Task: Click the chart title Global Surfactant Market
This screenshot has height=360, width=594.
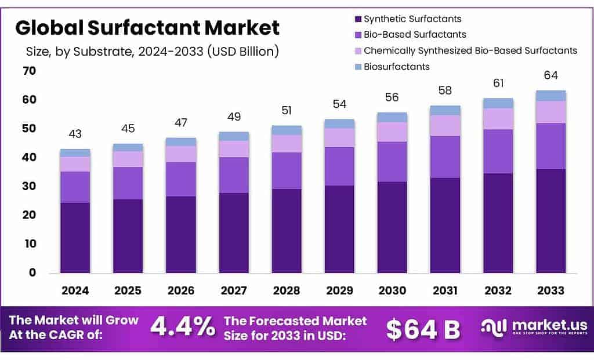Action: (147, 27)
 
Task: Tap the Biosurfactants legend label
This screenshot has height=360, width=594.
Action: (397, 67)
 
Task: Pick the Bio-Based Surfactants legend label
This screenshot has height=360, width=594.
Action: (415, 35)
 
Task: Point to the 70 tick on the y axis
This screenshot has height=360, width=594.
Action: (28, 71)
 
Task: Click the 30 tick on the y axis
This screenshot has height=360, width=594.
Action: (28, 187)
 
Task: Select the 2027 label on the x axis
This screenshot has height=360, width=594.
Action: (234, 290)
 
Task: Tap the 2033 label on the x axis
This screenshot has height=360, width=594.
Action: (550, 290)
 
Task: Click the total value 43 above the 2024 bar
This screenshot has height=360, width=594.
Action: (75, 134)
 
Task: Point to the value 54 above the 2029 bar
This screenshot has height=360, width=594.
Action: (339, 104)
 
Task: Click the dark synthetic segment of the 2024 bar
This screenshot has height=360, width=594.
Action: (75, 238)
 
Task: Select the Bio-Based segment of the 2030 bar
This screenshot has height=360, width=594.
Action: (392, 162)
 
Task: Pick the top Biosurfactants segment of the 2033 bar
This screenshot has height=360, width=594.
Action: (550, 96)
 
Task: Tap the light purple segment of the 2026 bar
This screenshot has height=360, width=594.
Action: (181, 154)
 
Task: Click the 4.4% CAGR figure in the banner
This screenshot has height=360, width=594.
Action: (182, 328)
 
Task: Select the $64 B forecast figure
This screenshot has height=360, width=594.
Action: (423, 329)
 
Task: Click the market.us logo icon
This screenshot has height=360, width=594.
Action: (494, 328)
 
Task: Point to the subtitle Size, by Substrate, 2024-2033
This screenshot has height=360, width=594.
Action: (153, 52)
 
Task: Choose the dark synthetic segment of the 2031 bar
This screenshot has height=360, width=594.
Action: (445, 225)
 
